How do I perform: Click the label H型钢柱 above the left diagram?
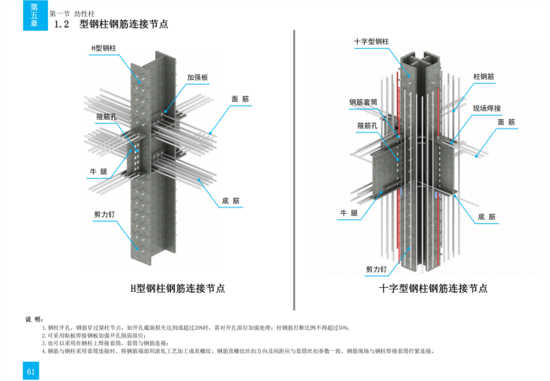[103, 48]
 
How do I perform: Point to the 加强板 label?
[197, 78]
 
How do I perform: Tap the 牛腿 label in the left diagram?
[98, 170]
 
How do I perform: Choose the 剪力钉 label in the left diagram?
[105, 214]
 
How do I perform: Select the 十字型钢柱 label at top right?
[371, 41]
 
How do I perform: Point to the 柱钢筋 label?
[483, 77]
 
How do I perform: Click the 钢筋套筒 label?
[363, 102]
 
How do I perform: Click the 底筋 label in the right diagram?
[487, 216]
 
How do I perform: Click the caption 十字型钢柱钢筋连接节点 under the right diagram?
[433, 289]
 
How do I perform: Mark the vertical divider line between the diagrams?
[293, 158]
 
